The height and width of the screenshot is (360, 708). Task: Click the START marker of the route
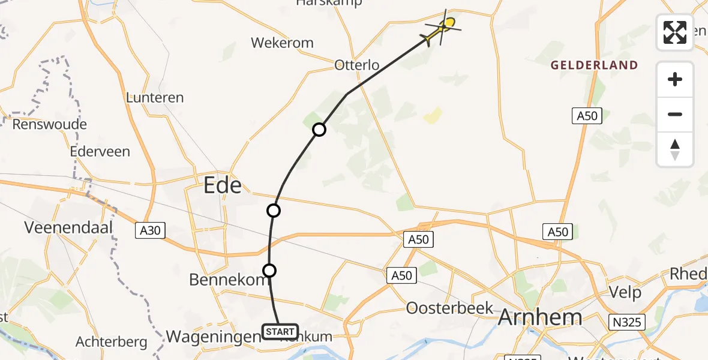tap(280, 331)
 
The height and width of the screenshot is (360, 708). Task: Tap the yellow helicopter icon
tap(443, 27)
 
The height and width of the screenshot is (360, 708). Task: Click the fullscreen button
tap(675, 32)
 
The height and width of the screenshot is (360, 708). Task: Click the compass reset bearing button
tap(675, 149)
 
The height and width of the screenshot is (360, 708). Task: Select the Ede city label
tap(223, 185)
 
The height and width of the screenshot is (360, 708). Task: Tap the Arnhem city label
tap(540, 317)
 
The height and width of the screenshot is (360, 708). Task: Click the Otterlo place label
tap(357, 65)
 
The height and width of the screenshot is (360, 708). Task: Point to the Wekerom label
tap(282, 43)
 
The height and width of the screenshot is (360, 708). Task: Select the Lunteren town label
tap(155, 97)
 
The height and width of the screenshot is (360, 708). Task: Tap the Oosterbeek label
tap(449, 308)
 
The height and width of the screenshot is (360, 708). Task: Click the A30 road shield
tap(151, 230)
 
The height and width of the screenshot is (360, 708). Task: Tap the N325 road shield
tap(628, 322)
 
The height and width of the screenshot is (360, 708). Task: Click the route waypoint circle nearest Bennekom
tap(269, 271)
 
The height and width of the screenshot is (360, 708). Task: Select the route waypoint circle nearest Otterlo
tap(319, 129)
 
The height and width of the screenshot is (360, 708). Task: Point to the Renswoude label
tap(50, 125)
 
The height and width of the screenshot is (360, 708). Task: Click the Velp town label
tap(625, 293)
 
